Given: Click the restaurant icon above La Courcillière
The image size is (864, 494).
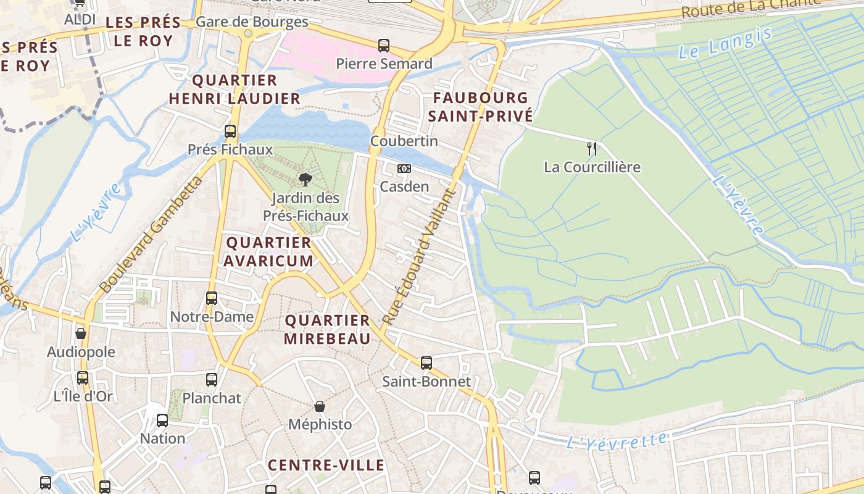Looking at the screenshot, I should [592, 148].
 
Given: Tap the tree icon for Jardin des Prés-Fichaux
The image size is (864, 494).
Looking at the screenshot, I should [305, 180].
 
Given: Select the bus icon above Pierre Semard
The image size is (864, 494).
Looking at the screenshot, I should [384, 45].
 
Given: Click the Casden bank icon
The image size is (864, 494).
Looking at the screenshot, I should [404, 169].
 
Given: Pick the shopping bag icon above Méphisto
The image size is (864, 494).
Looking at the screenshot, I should [320, 406].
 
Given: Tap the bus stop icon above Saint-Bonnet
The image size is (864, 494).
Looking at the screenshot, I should [426, 363].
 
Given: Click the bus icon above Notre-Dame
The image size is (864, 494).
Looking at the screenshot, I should [212, 298].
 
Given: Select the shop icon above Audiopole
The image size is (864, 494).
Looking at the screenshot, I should [81, 333].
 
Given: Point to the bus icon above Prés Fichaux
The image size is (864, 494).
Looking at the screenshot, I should [230, 131].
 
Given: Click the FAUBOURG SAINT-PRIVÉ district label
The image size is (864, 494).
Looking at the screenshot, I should [480, 107].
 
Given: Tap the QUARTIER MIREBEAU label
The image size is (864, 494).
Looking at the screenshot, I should [327, 329].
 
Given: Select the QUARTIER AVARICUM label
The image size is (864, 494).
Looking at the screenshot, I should [268, 251].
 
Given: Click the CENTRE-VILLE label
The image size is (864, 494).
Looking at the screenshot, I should [326, 465].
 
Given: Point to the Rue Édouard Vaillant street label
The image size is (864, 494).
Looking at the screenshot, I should [418, 257].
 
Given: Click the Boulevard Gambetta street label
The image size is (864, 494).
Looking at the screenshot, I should [151, 235].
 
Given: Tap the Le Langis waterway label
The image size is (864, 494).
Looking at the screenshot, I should [725, 43].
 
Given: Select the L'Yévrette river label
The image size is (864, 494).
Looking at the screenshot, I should [617, 441].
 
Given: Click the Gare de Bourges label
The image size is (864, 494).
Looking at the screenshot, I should [252, 22].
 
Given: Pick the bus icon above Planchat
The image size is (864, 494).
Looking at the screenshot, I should [212, 380].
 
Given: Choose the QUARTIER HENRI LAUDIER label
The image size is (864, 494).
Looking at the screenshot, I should [235, 90].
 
